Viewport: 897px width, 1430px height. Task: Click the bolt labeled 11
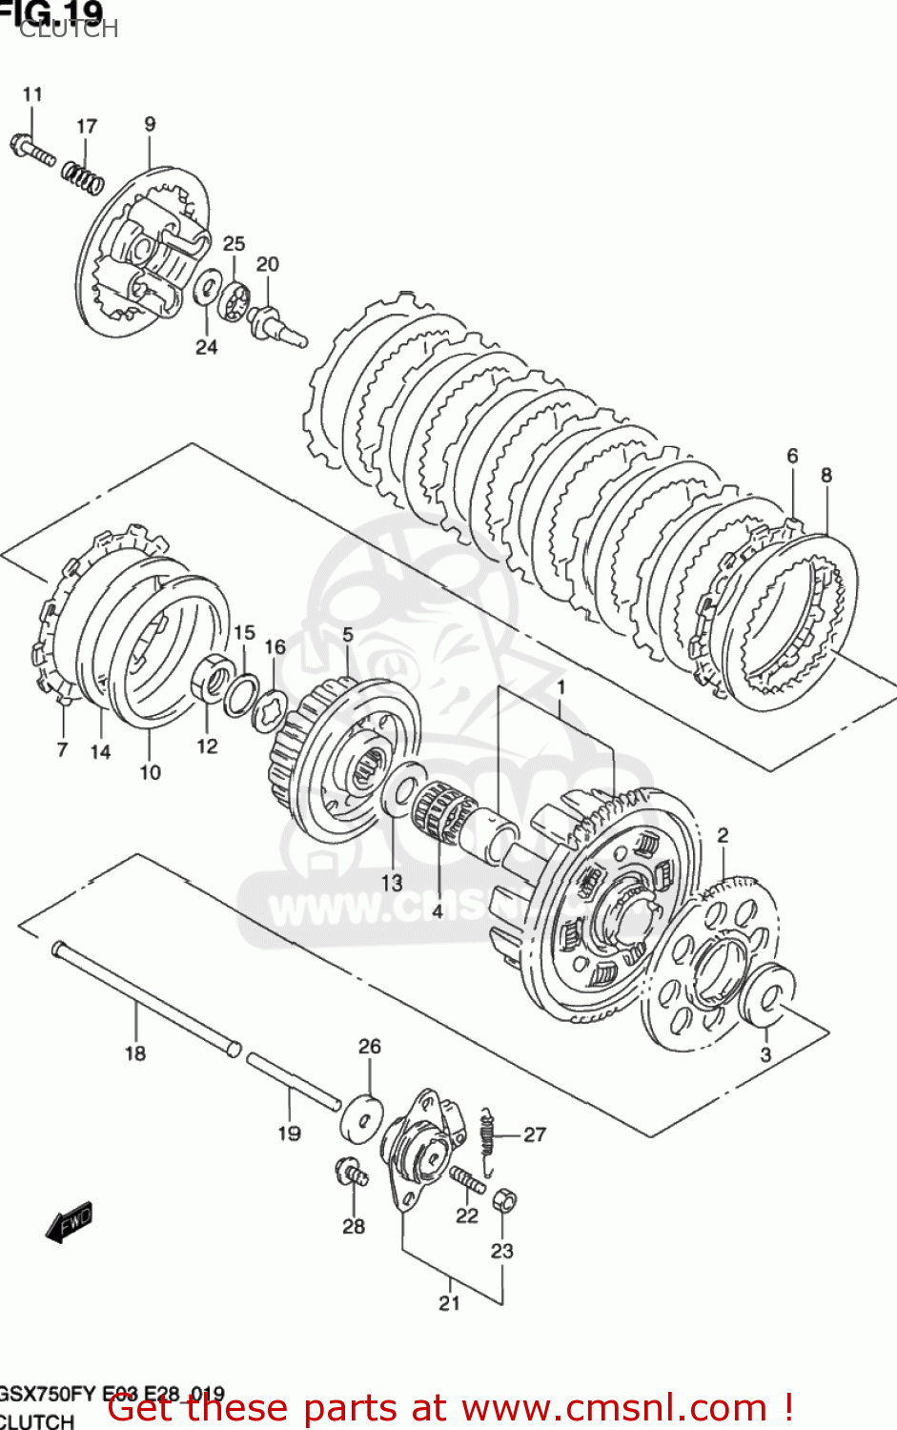32,151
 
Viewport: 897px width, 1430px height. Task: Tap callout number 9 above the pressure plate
150,124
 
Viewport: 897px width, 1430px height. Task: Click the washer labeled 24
207,288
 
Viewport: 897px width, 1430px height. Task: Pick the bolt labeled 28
351,1172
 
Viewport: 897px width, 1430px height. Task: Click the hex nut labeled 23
504,1200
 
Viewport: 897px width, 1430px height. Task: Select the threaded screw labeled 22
467,1180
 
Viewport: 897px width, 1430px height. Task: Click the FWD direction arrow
70,1221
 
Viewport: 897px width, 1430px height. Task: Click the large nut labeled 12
212,679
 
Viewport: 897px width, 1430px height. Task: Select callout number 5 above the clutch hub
347,634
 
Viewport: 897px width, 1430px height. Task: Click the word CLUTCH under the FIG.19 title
69,30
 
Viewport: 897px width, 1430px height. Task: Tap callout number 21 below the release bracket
449,1302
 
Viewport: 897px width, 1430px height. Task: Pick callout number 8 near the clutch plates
826,475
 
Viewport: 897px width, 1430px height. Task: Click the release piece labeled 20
275,323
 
